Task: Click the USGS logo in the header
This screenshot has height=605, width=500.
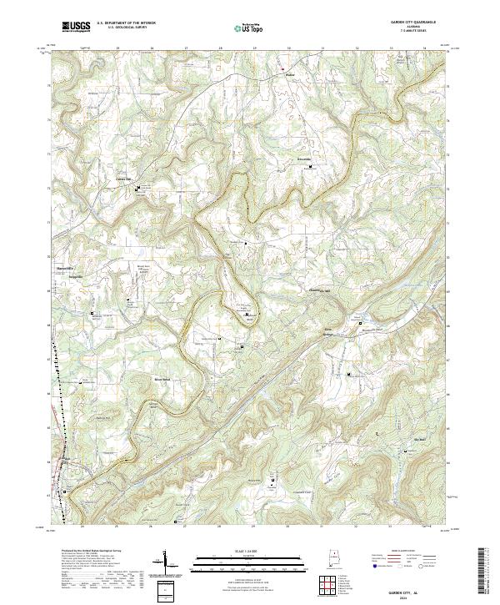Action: pos(76,27)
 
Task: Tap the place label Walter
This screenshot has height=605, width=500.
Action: pos(291,73)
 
